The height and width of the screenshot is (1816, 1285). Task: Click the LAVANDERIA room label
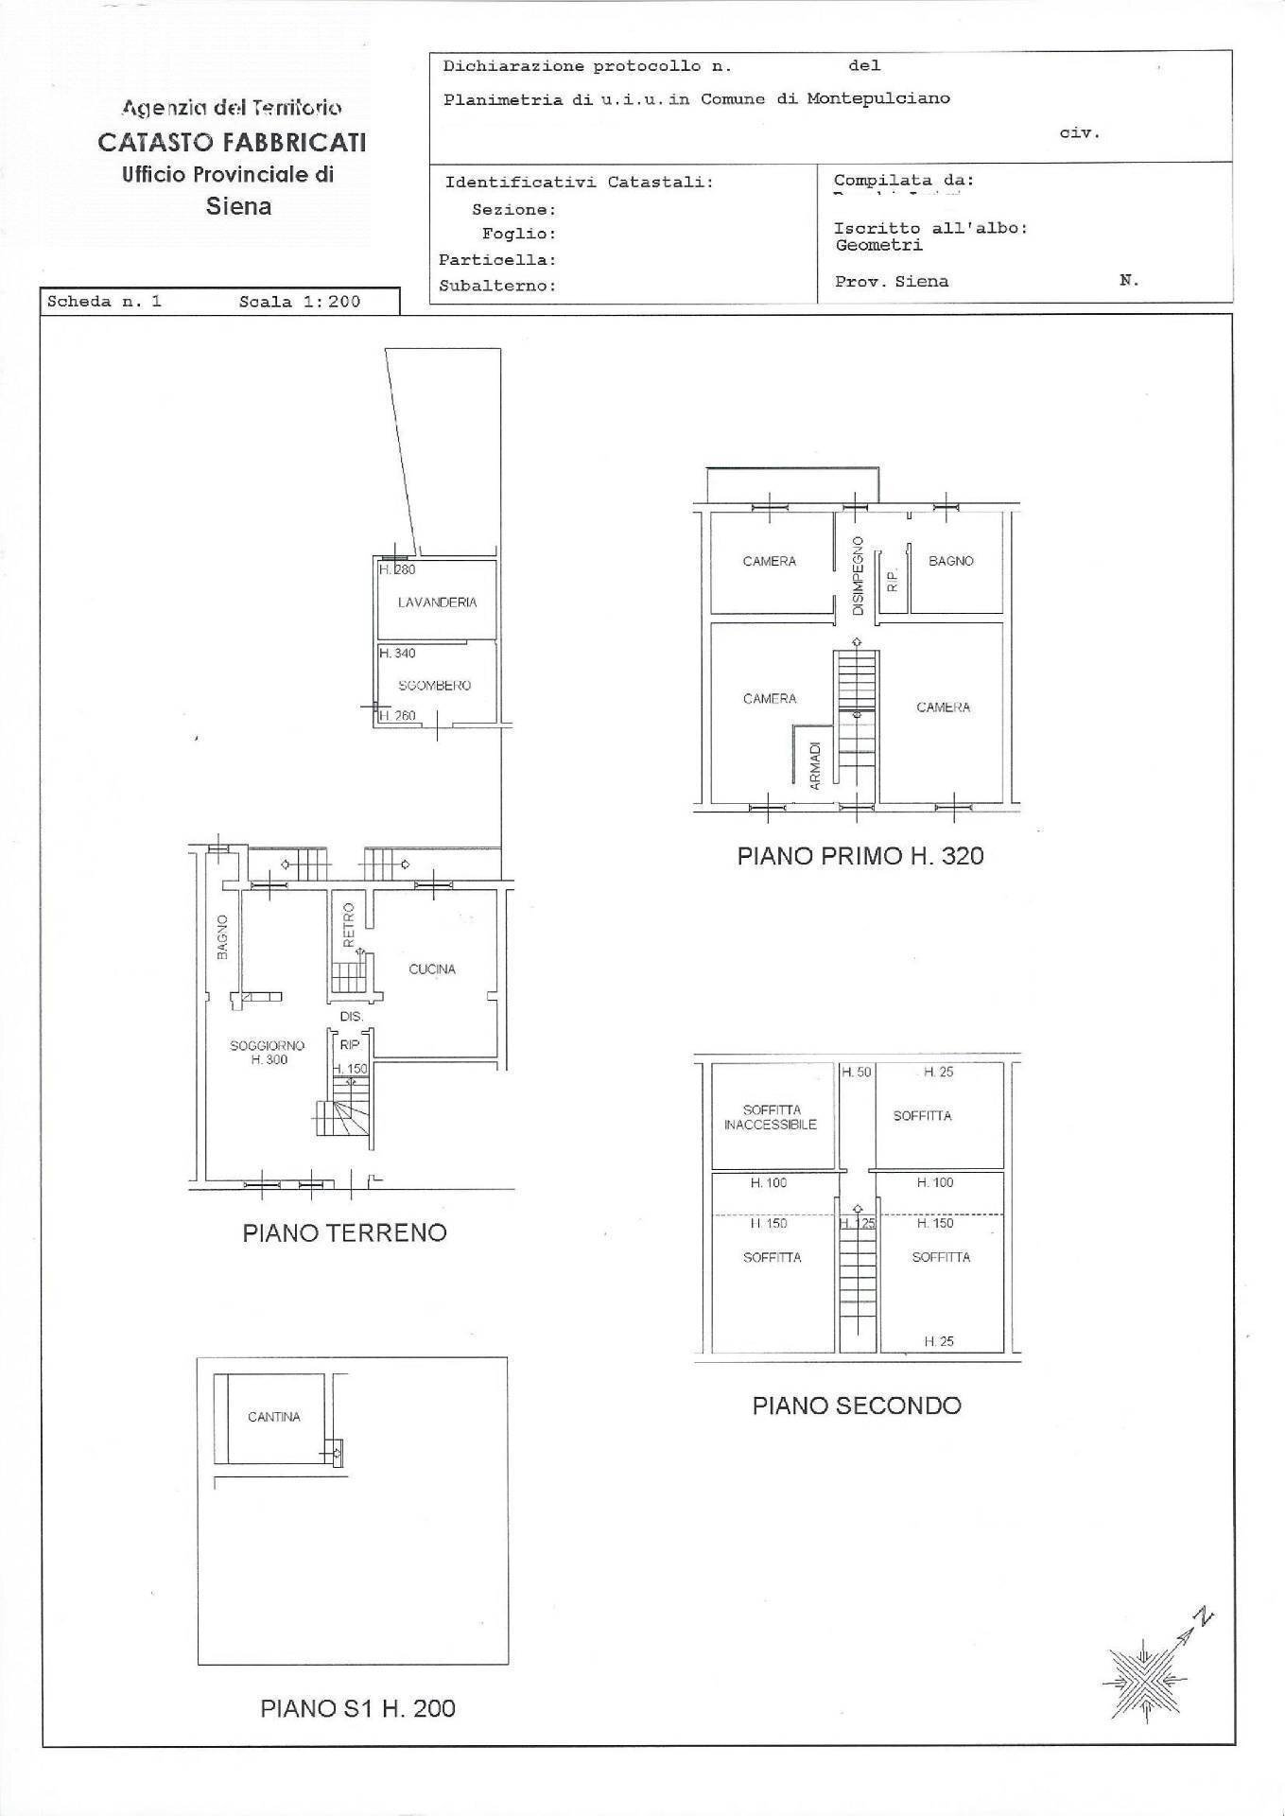[x=437, y=602]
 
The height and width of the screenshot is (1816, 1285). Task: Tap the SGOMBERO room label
[x=434, y=686]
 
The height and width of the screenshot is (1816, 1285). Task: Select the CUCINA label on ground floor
[x=432, y=969]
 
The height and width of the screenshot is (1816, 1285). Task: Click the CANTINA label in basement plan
[x=273, y=1417]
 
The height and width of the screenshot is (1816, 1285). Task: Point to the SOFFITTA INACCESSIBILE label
[x=770, y=1117]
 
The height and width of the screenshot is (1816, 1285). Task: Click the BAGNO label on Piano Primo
[x=950, y=561]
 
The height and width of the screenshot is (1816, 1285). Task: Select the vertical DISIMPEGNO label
[x=858, y=576]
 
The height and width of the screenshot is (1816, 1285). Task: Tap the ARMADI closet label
[x=815, y=765]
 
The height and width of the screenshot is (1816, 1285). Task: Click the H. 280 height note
[x=397, y=569]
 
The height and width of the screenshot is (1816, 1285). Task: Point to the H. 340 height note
[x=397, y=653]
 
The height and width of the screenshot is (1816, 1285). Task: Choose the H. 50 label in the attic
[x=857, y=1072]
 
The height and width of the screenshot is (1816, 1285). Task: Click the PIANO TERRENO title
[x=344, y=1232]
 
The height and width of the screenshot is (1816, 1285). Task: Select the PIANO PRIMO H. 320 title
[x=860, y=856]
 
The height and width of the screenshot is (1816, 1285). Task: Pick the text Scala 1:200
[x=300, y=303]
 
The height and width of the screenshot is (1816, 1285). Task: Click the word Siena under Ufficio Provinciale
[x=238, y=206]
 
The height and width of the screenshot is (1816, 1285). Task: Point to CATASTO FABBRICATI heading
[x=232, y=143]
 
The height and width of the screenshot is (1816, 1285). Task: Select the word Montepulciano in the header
[x=877, y=98]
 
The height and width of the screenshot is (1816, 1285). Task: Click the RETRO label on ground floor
[x=348, y=925]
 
